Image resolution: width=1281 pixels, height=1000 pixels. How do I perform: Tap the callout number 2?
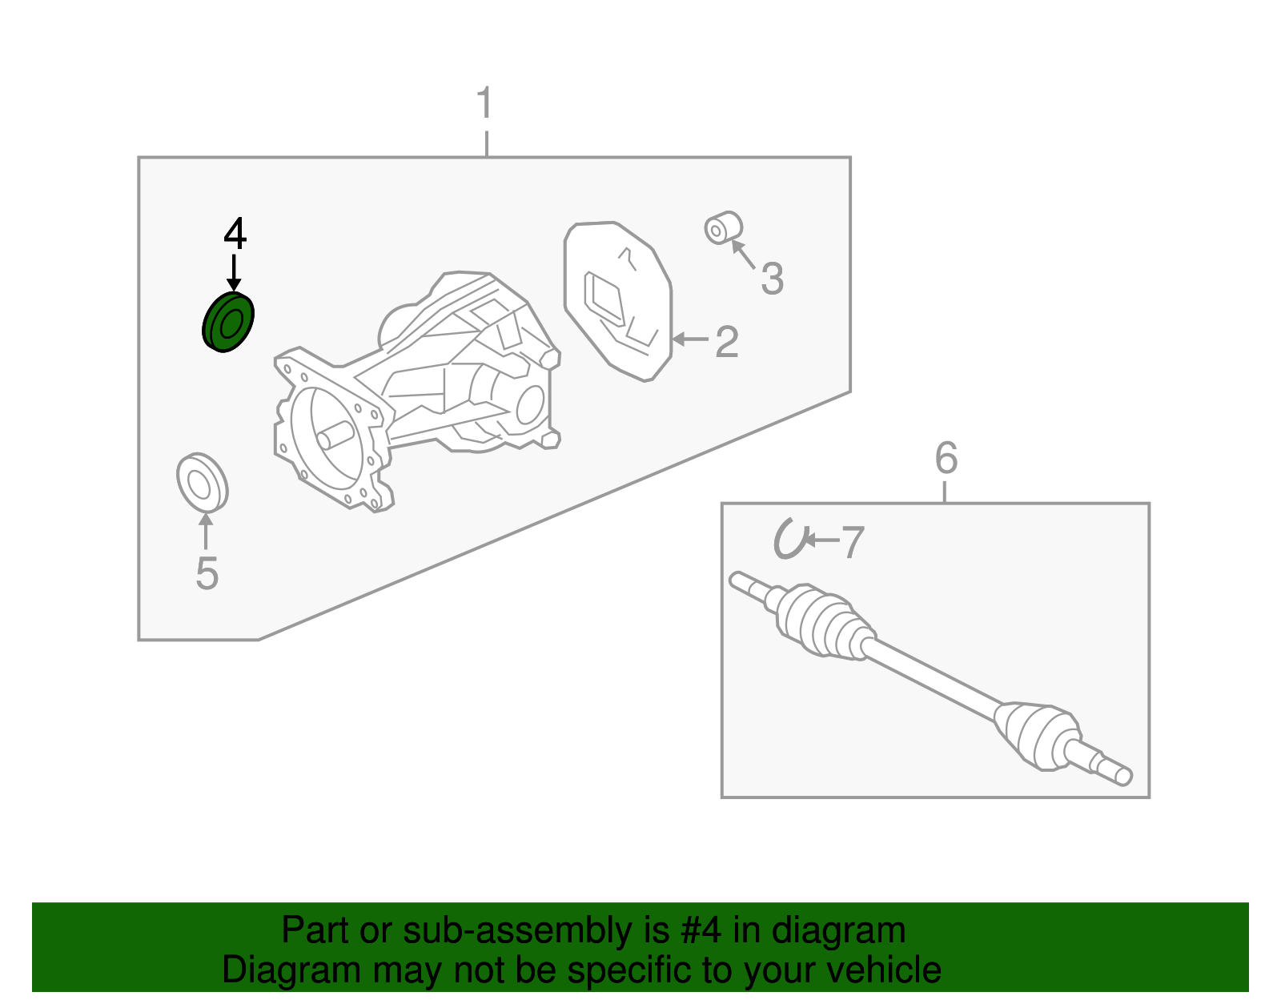pos(726,342)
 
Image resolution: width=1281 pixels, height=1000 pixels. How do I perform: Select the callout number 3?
pos(773,279)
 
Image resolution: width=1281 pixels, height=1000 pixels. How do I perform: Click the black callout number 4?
pos(235,233)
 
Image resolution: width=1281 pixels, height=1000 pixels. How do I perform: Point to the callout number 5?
pos(207,572)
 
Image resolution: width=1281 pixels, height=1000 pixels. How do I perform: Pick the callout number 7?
pos(853,542)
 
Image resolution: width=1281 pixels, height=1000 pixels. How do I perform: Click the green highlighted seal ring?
pos(228,322)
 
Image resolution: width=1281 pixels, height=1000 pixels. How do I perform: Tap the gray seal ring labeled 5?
pos(203,484)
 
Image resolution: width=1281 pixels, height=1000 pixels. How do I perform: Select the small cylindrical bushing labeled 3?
pos(723,227)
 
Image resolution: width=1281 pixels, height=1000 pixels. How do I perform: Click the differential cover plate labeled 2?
pos(617,301)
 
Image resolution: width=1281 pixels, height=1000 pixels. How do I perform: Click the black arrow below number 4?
pos(234,273)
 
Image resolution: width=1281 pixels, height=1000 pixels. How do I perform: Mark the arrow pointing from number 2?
pos(690,339)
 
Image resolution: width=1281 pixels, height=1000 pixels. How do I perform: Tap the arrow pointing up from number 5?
pos(206,532)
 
